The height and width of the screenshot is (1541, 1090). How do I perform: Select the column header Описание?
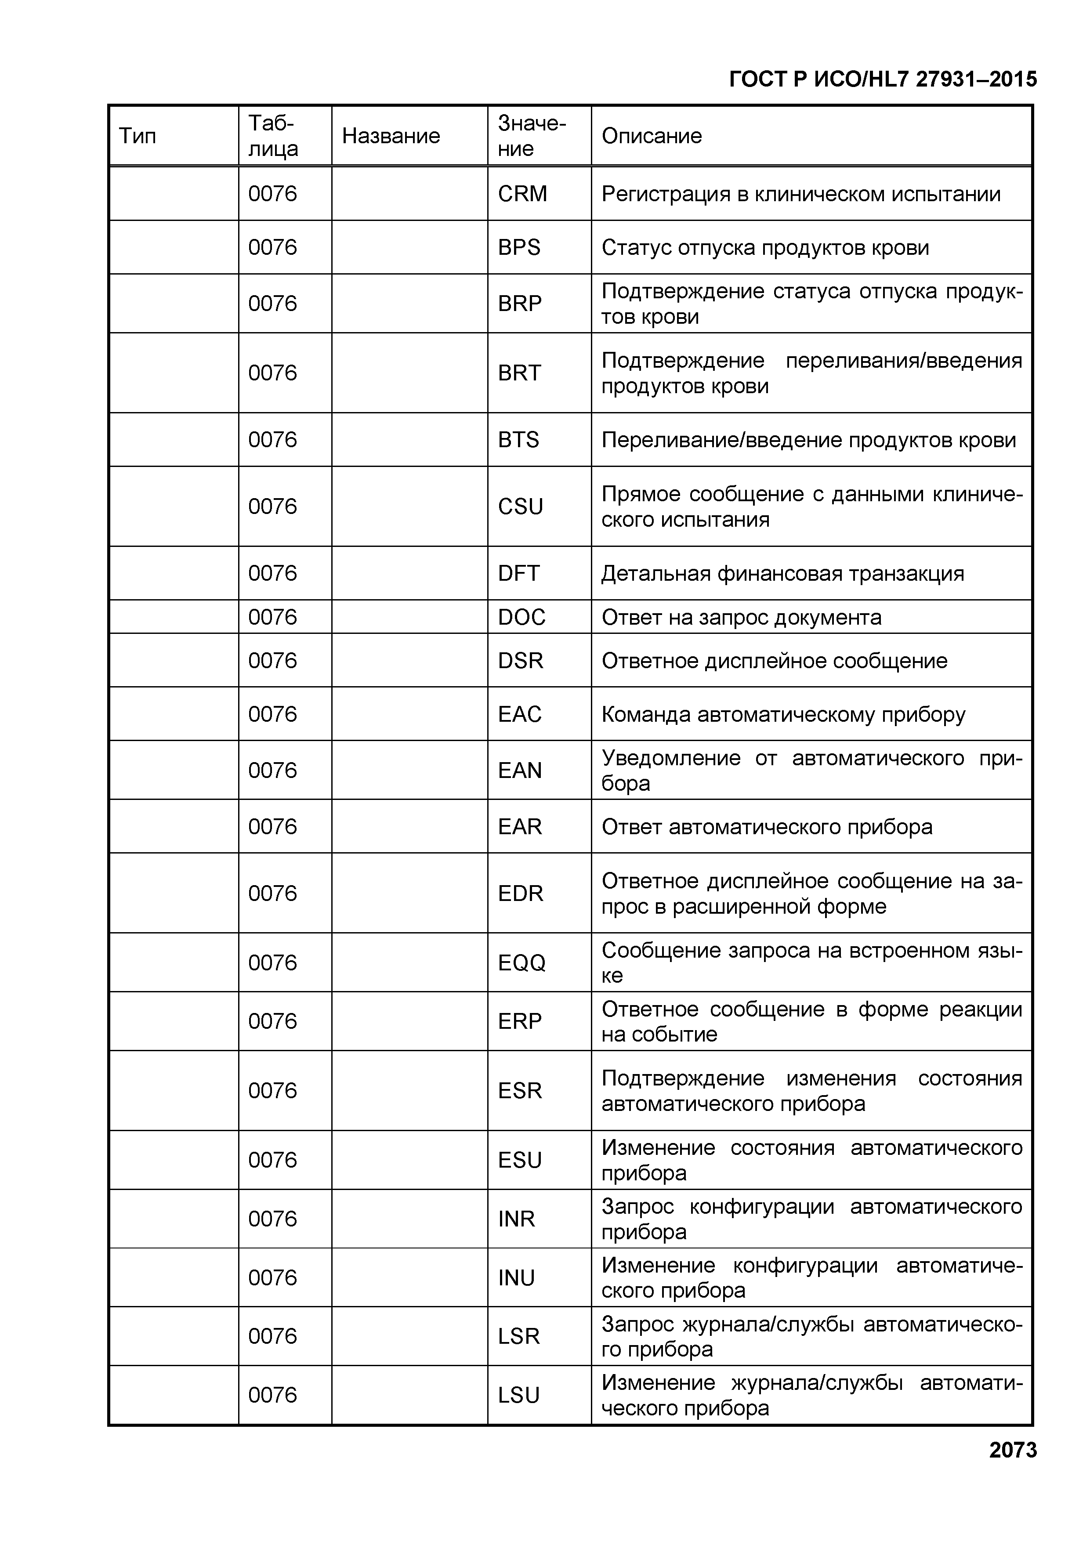click(651, 136)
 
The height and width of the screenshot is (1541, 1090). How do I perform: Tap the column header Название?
click(391, 136)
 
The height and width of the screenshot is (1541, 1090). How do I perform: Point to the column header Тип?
click(138, 136)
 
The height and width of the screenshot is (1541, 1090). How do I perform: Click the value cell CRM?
click(522, 194)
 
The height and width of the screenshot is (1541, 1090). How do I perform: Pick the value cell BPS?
click(519, 248)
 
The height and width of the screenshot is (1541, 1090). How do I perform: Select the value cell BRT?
click(519, 373)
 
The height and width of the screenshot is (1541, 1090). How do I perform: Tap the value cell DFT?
click(518, 574)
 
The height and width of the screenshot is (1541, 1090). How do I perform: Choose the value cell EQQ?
click(521, 963)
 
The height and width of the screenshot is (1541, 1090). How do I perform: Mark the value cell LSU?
click(518, 1395)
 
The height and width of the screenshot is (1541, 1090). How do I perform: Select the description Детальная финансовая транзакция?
click(782, 574)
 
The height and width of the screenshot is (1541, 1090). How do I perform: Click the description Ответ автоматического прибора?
click(767, 827)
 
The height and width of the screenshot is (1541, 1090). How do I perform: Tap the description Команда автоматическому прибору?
click(782, 715)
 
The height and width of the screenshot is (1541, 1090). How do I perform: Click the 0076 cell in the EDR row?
click(272, 893)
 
